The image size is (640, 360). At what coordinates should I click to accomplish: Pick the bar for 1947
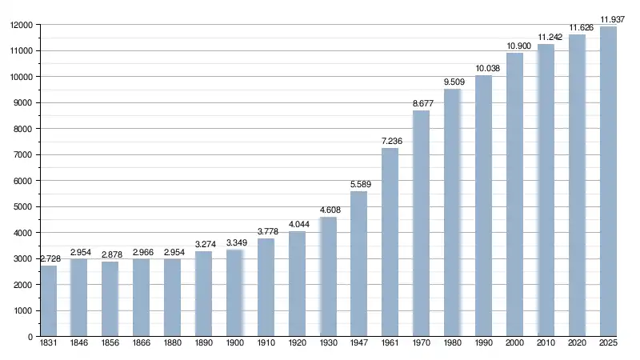pos(358,264)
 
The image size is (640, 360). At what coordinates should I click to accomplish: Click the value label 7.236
pos(390,142)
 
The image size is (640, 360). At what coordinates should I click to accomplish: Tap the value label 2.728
pos(49,258)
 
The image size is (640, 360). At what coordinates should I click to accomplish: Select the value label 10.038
pos(483,69)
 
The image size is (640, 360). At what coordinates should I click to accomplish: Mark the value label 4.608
pos(328,210)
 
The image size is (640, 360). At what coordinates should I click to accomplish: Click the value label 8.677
pos(421,104)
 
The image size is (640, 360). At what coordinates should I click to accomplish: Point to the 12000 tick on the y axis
pos(21,25)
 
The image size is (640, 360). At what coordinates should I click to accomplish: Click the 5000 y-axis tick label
pos(23,206)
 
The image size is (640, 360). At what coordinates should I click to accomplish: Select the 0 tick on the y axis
pos(30,337)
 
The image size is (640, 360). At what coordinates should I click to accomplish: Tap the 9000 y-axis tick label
pos(23,103)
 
